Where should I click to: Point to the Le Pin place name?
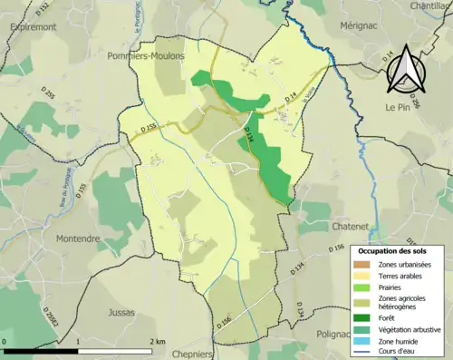click(398, 106)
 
